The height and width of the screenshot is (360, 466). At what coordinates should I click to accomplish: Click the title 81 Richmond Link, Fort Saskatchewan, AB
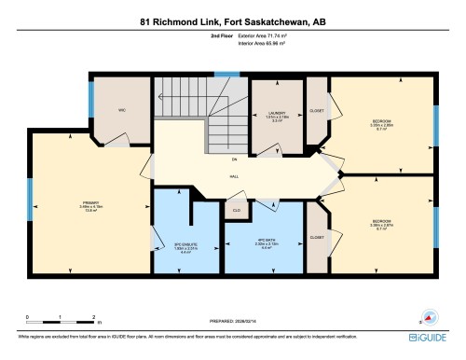[x=232, y=20]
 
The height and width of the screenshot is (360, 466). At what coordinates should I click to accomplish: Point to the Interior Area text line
[x=264, y=43]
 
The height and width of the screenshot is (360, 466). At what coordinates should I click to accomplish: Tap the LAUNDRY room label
[x=277, y=114]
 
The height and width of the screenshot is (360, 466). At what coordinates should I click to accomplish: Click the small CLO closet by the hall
[x=237, y=210]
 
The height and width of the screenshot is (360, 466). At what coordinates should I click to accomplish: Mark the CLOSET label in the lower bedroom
[x=317, y=238]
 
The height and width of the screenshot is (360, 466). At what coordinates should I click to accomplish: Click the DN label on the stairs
[x=233, y=159]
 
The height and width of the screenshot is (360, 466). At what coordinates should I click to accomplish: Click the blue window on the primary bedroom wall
[x=30, y=199]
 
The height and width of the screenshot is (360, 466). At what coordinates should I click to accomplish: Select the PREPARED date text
[x=232, y=322]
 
